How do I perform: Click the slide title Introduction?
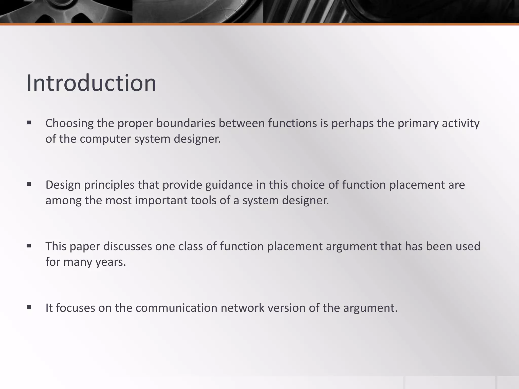pos(91,83)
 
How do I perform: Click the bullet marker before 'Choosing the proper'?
pos(29,123)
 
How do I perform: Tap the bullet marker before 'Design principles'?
pos(29,184)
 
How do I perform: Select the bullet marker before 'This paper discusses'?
pos(29,246)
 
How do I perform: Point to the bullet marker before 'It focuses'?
pos(29,307)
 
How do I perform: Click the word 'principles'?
pos(109,185)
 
